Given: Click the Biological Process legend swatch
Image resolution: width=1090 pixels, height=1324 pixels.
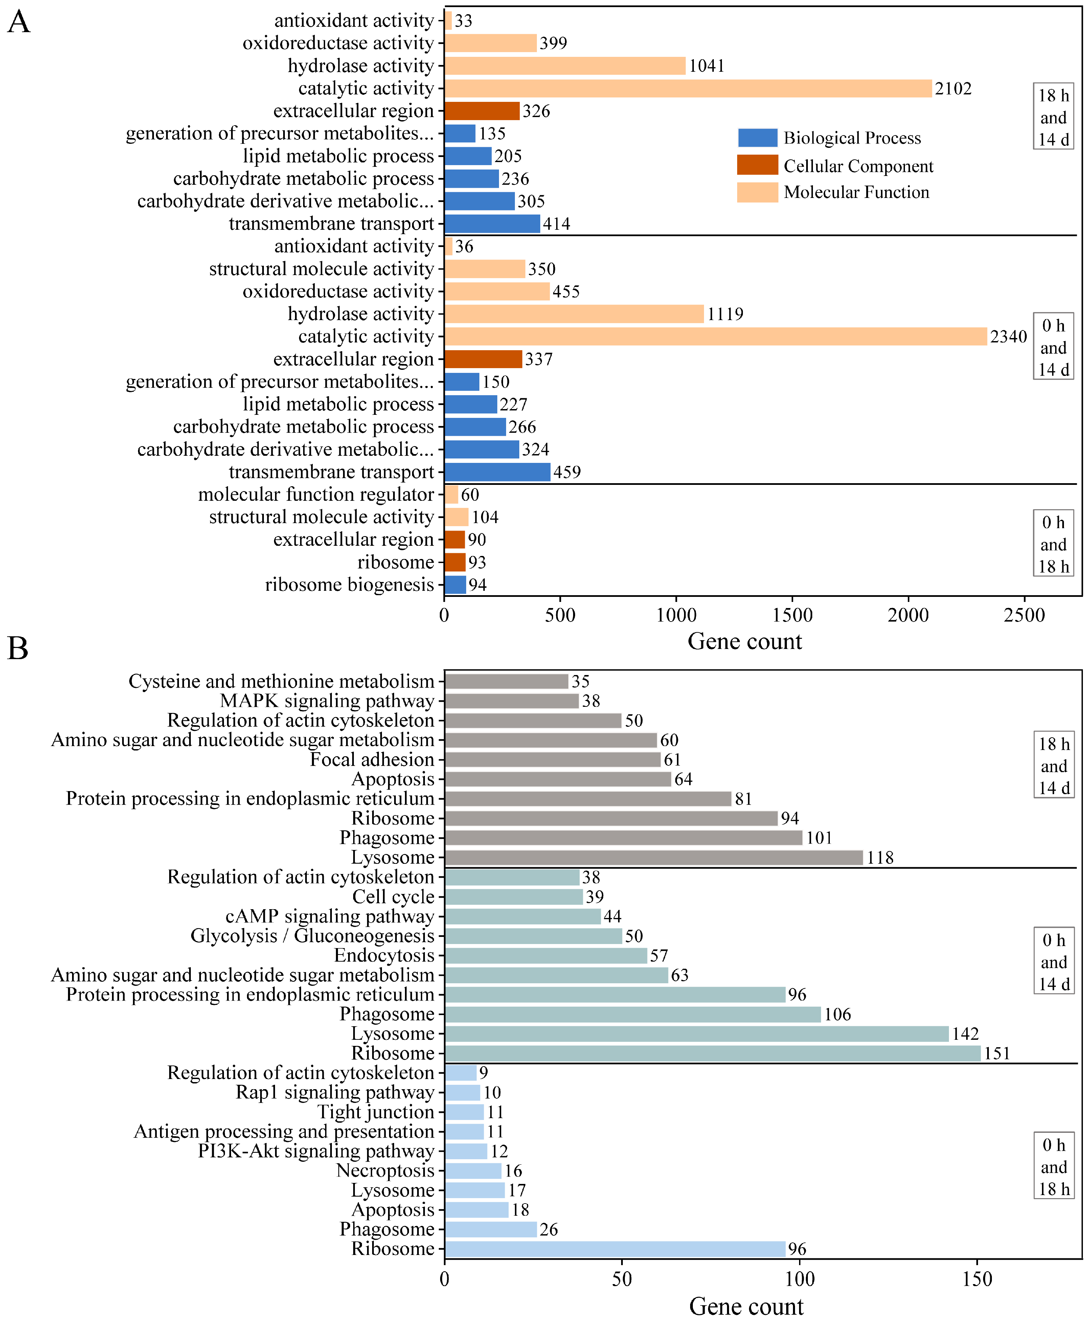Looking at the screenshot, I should coord(757,138).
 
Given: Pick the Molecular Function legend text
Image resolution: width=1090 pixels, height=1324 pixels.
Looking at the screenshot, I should coord(856,192).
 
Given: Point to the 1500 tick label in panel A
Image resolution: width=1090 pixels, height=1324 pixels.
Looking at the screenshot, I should coord(792,615).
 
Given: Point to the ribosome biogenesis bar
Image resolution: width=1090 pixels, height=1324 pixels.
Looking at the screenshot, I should coord(455,585).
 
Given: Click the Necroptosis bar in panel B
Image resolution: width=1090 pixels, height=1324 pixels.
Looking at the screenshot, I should coord(473,1171).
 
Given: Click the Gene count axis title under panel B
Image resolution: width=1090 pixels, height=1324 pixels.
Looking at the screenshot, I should coord(746,1307).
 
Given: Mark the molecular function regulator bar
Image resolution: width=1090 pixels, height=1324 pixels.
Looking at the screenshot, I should coord(451,494).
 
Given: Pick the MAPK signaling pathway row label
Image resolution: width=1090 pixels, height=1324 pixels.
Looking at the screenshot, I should coord(327,701).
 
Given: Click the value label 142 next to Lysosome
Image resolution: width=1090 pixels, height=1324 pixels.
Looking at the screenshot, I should coord(965,1034).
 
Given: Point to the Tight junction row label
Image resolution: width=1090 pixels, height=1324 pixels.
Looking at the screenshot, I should coord(376,1112).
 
